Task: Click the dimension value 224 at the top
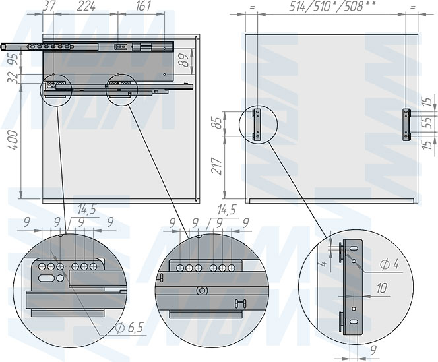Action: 86,6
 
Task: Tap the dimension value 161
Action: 143,6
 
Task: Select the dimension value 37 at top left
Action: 49,6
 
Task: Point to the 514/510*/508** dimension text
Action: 330,6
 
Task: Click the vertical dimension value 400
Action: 14,140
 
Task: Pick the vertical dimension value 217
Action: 218,166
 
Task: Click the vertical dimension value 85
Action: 218,123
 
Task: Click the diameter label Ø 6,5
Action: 129,328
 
